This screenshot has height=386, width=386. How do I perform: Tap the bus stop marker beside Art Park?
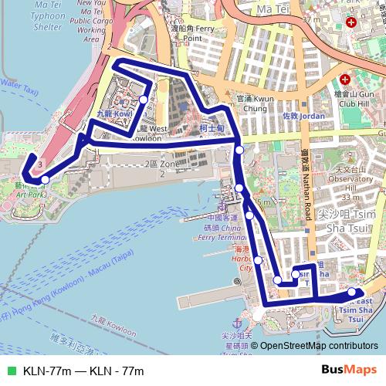[46, 180]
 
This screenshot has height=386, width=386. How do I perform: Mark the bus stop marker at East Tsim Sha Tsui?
[352, 292]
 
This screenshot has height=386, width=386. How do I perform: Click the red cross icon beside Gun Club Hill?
[347, 79]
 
